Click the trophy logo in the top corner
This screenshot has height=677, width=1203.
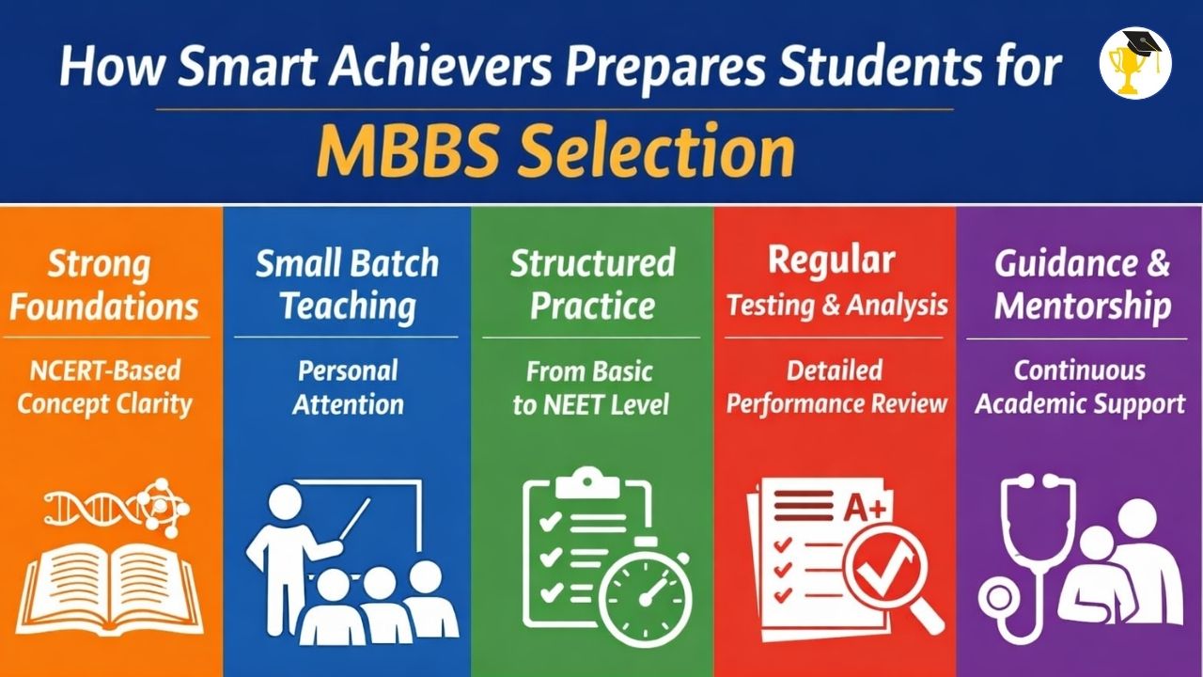1134,63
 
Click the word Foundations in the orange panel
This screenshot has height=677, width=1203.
103,307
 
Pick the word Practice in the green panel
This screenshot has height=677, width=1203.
592,307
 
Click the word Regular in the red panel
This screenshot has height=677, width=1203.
832,261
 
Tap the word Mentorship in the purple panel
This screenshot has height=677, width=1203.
1082,307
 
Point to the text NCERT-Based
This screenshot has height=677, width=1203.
105,370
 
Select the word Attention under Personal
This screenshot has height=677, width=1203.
348,404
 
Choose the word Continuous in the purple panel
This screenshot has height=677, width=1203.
1080,370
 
